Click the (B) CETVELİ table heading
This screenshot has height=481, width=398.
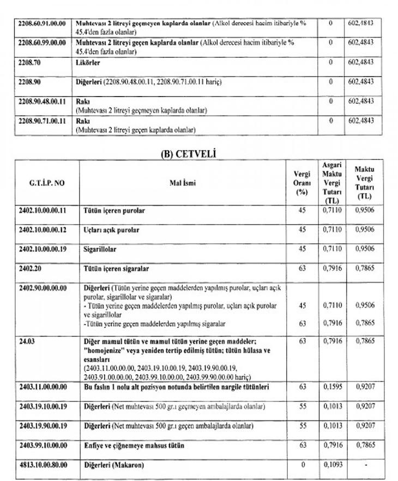point(188,154)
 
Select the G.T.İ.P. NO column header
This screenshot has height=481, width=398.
point(46,183)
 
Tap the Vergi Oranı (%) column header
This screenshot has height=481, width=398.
point(302,183)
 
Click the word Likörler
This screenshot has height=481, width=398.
point(89,63)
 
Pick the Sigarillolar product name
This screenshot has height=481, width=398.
point(100,249)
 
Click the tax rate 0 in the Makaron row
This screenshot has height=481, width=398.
point(302,465)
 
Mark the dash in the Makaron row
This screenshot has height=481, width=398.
point(365,465)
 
